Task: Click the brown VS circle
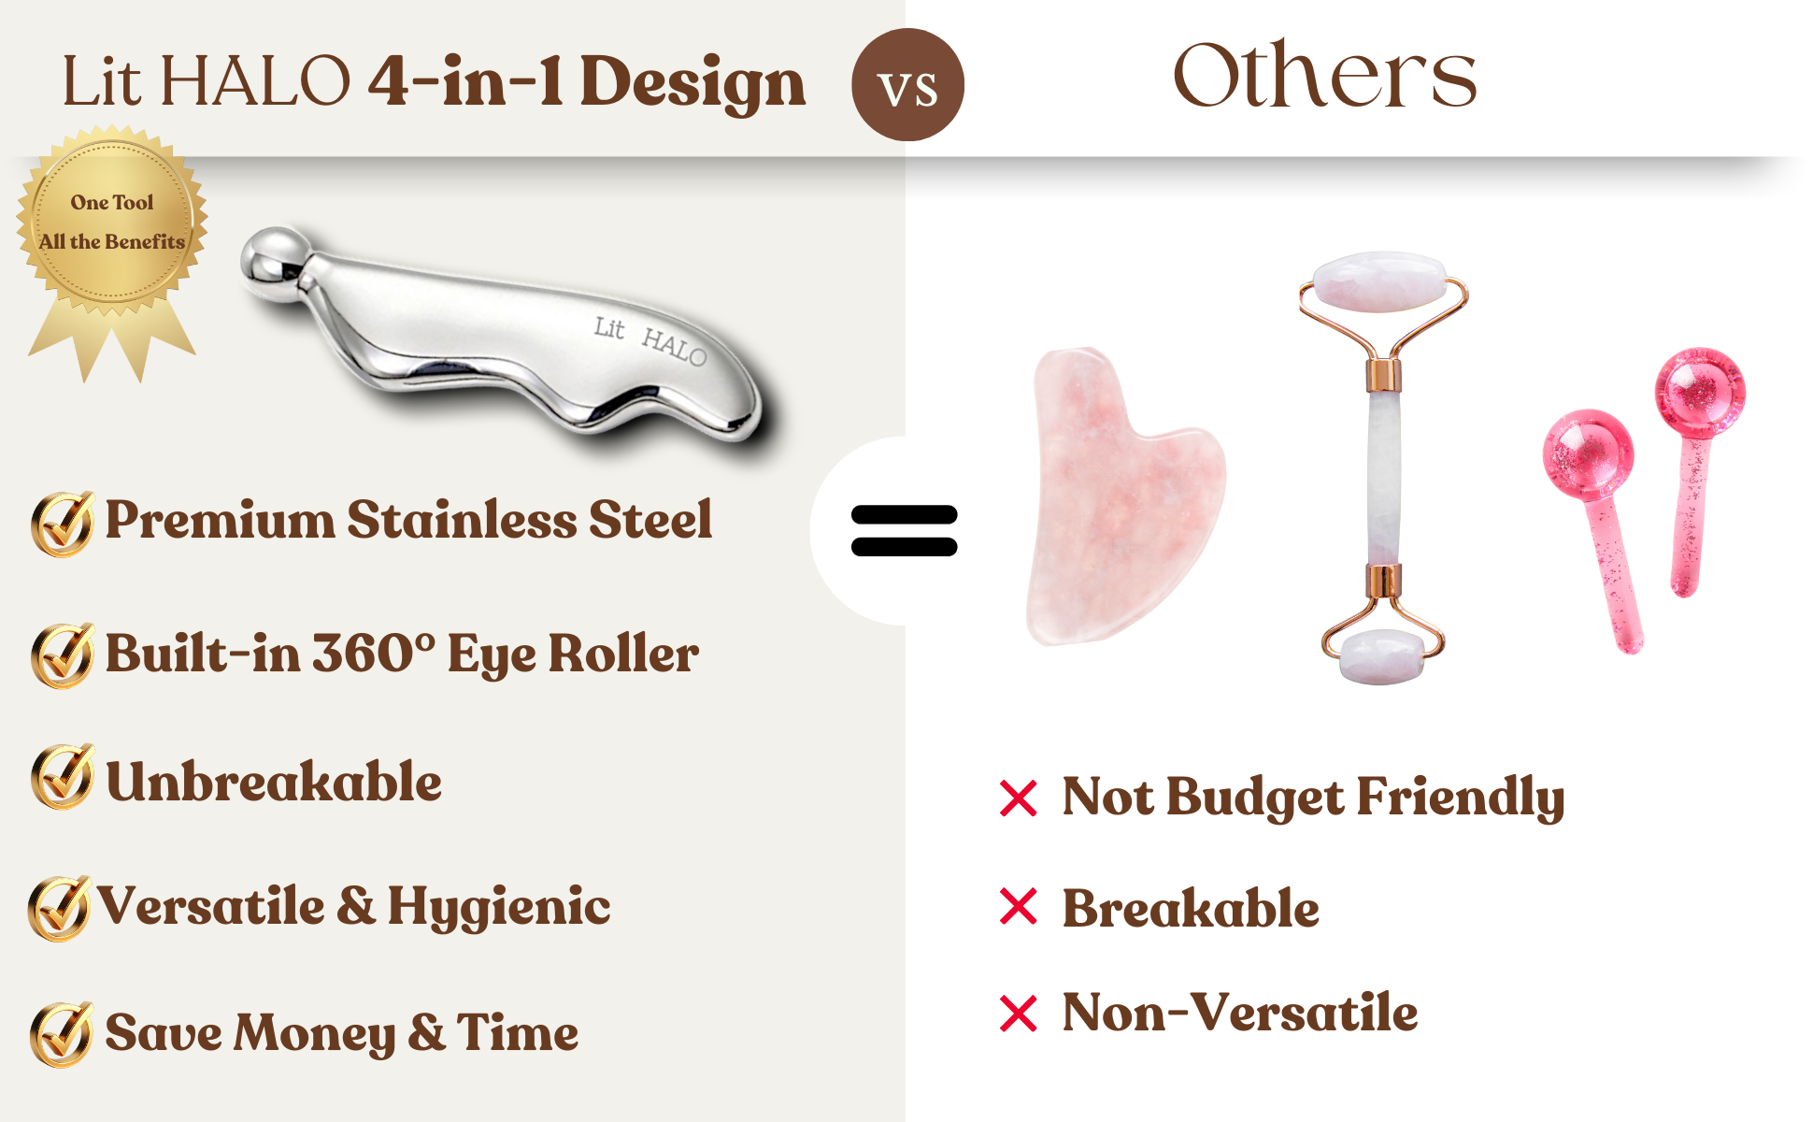(907, 84)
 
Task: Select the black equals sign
(905, 530)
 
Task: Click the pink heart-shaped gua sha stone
(1125, 496)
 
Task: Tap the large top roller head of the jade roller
(1379, 280)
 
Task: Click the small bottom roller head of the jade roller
(1381, 656)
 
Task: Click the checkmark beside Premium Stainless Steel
(63, 524)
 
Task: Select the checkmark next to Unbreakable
(63, 776)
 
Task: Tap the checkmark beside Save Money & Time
(62, 1034)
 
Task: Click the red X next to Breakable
(1019, 906)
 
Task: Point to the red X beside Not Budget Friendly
(1019, 798)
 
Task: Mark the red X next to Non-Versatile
(1019, 1014)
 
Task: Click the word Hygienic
(499, 908)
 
